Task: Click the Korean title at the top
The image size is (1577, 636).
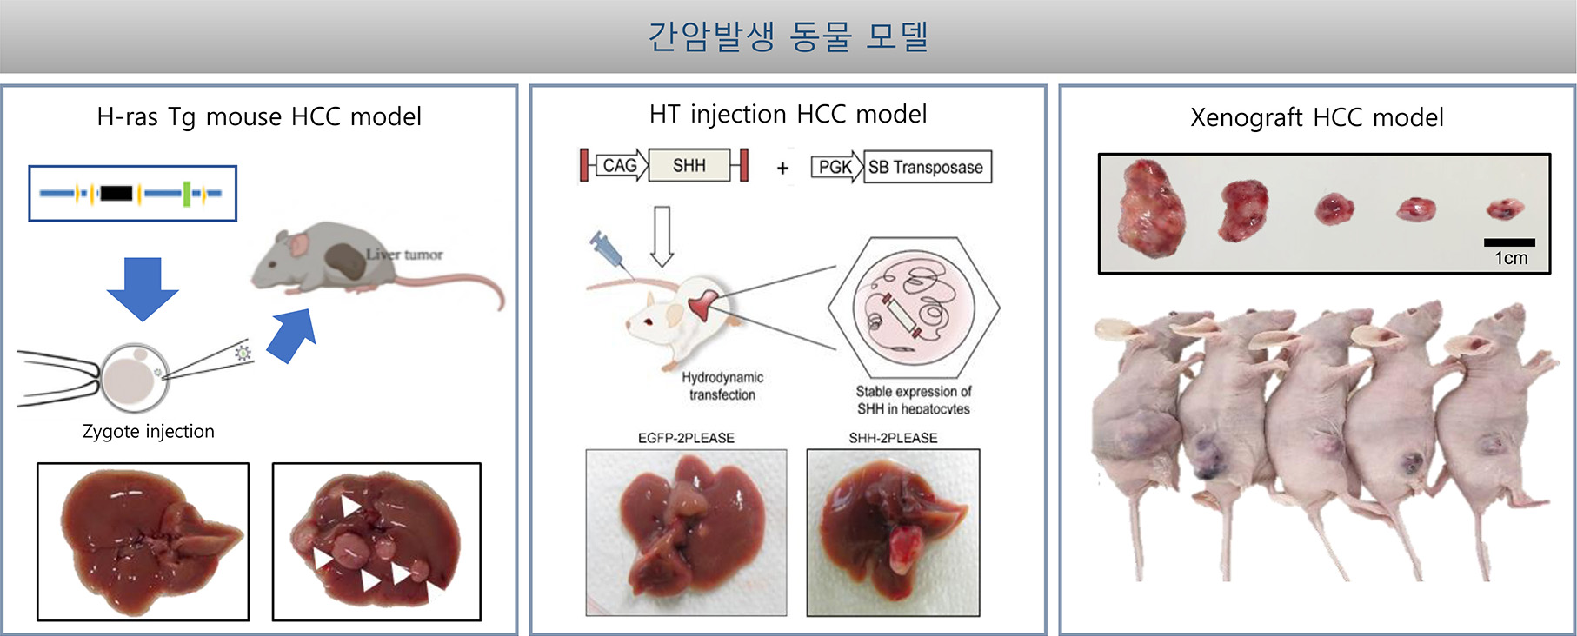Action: (x=788, y=36)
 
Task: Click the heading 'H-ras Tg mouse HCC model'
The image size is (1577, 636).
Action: (x=259, y=116)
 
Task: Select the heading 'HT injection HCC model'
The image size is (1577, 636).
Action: (x=788, y=114)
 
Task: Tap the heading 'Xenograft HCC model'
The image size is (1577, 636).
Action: (x=1316, y=117)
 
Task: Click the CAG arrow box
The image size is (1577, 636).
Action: (x=622, y=165)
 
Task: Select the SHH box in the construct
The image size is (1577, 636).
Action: (x=689, y=165)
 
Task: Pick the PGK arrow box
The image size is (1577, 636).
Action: (x=836, y=167)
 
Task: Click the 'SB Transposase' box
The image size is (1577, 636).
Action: (x=927, y=167)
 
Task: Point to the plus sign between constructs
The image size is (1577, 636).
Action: (x=782, y=168)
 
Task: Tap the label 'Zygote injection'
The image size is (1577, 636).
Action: (x=149, y=432)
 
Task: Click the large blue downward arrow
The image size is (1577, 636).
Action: (x=143, y=288)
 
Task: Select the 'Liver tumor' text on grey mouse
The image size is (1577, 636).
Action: (x=404, y=255)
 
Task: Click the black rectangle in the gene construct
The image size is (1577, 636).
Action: (x=116, y=193)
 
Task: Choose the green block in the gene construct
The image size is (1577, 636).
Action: (x=186, y=193)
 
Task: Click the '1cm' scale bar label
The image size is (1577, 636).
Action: (x=1511, y=258)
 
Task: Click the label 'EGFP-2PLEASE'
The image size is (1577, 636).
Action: (x=686, y=438)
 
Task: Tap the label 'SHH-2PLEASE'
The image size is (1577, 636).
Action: (x=893, y=438)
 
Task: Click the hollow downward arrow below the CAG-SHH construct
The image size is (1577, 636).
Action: (x=662, y=236)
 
